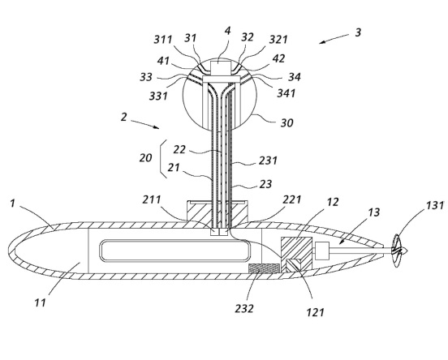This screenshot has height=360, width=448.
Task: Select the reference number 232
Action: tap(244, 309)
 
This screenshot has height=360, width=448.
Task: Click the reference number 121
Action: tap(316, 313)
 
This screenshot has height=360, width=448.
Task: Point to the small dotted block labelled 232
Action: tap(264, 268)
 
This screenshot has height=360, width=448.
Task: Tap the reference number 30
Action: tap(286, 122)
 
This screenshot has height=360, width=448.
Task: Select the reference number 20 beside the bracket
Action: tap(145, 157)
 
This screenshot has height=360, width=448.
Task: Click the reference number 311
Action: tap(163, 40)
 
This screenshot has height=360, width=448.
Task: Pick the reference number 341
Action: tap(286, 93)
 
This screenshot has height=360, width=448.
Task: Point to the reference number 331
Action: tap(158, 96)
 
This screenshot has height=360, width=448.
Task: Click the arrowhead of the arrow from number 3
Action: tap(322, 42)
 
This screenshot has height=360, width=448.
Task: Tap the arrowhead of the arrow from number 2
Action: tap(156, 127)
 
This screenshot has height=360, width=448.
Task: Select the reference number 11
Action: tap(40, 302)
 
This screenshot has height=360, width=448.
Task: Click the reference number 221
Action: tap(292, 199)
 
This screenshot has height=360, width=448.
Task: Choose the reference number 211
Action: tap(152, 199)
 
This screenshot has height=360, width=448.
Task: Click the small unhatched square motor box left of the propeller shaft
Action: tap(322, 251)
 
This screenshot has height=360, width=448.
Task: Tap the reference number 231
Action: tap(268, 161)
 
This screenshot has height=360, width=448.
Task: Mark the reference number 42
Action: tap(278, 58)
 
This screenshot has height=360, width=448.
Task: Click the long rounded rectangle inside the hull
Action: tap(174, 251)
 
